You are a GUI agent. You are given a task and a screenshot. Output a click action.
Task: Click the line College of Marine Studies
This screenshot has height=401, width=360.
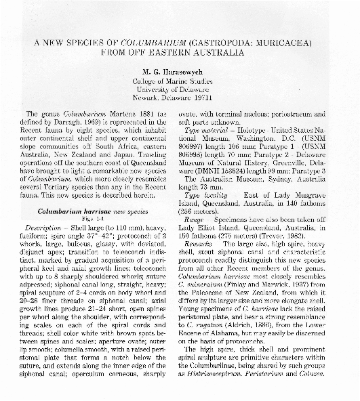tap(179, 81)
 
